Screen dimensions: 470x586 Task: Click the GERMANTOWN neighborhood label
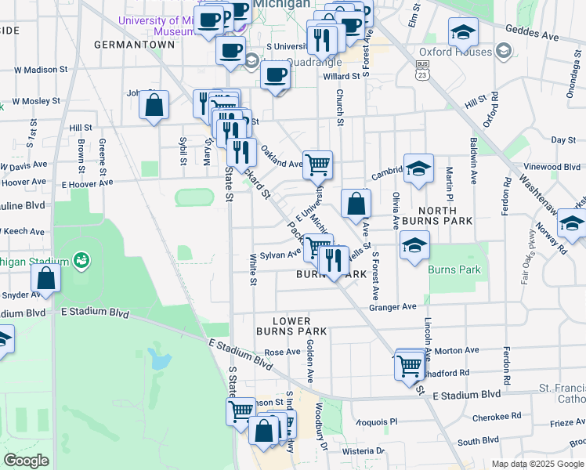coord(134,45)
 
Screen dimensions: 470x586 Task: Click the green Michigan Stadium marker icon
coord(80,259)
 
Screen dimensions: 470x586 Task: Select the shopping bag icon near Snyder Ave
coord(46,278)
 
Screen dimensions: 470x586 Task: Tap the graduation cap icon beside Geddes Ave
coord(464,32)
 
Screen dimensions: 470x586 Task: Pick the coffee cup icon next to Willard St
coord(274,75)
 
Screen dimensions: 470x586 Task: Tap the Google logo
coord(27,461)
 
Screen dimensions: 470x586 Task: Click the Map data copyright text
coord(536,464)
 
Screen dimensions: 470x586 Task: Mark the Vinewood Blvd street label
coord(554,167)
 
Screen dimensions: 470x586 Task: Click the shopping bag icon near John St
coord(154,104)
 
